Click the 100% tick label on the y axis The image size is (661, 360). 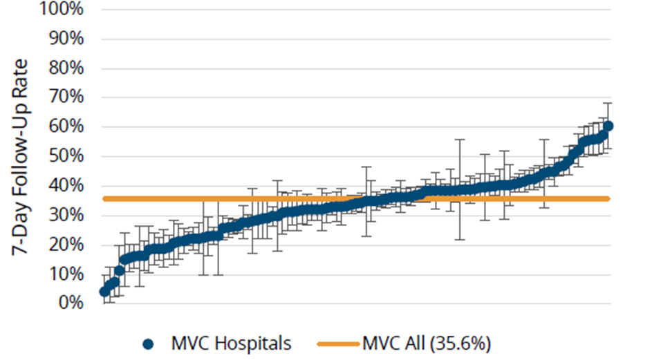[62, 9]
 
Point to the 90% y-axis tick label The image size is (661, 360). [67, 39]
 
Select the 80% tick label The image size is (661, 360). [67, 68]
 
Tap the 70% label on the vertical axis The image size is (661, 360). [67, 97]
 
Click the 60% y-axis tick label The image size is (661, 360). [67, 127]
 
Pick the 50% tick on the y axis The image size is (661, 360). [67, 156]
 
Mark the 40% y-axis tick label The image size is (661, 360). [67, 186]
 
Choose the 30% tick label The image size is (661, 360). [67, 215]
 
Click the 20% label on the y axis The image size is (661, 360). [67, 245]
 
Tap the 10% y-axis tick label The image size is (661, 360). [67, 274]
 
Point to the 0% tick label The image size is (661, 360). [71, 303]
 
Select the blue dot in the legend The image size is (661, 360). [147, 343]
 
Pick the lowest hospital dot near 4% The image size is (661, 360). [105, 292]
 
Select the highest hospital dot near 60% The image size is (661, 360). [608, 126]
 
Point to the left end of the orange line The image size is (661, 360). [103, 199]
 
